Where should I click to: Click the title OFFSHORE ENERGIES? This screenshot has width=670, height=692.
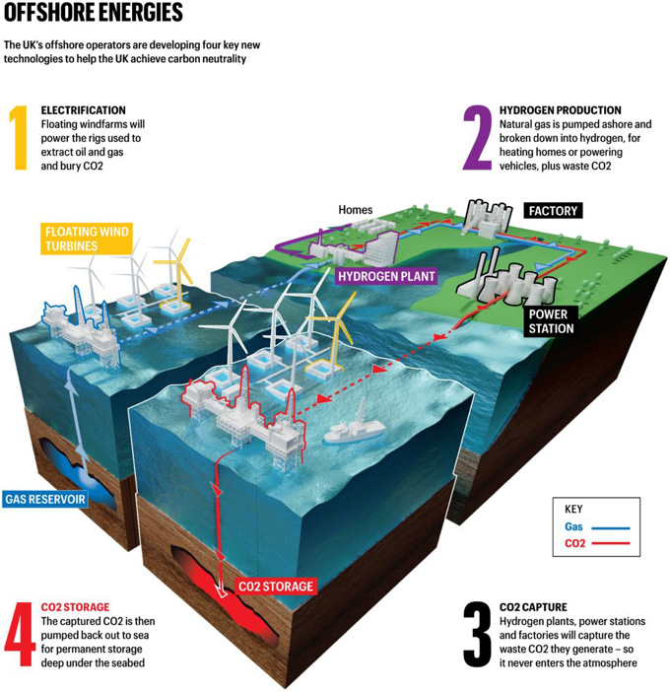point(93,12)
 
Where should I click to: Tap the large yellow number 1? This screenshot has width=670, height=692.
point(19,138)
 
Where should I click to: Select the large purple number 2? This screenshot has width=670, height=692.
point(477,138)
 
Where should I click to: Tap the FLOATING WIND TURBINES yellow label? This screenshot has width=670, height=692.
point(87,239)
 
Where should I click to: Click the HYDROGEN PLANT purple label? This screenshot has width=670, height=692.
point(386,276)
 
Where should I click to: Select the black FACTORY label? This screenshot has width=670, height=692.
point(553,211)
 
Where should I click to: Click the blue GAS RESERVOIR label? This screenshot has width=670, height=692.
point(45,499)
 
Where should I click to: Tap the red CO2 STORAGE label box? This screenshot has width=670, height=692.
point(276,587)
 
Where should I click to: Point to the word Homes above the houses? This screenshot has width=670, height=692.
point(356,210)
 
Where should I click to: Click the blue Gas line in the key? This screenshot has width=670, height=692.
point(611,527)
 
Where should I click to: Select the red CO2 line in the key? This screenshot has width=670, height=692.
point(611,543)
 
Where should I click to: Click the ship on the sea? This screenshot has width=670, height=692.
point(354,425)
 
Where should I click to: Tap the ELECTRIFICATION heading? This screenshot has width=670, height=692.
point(84,110)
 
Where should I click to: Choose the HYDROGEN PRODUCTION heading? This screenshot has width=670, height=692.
point(561,110)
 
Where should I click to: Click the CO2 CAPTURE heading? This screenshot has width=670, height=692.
point(533,607)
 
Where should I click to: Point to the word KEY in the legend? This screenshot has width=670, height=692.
point(573,510)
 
